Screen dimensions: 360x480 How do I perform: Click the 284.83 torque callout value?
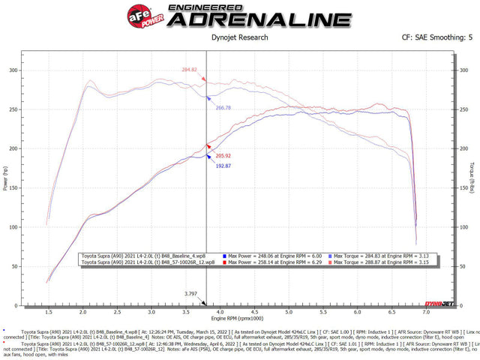[x=190, y=70]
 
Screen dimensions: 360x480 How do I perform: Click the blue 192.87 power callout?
[x=223, y=166]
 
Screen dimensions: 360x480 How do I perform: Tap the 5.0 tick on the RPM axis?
[x=289, y=311]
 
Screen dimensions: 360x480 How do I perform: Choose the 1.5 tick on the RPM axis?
[x=48, y=311]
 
